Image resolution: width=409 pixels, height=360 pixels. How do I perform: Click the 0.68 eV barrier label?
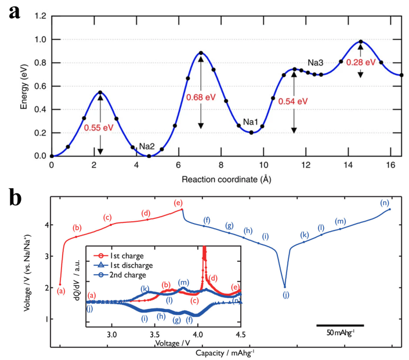(201, 97)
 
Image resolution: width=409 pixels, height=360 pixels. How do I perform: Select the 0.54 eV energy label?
(292, 101)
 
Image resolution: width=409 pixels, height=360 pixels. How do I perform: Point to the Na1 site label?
(251, 122)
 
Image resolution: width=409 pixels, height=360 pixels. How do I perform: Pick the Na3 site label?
(316, 62)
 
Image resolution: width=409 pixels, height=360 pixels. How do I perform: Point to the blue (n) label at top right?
(384, 203)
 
